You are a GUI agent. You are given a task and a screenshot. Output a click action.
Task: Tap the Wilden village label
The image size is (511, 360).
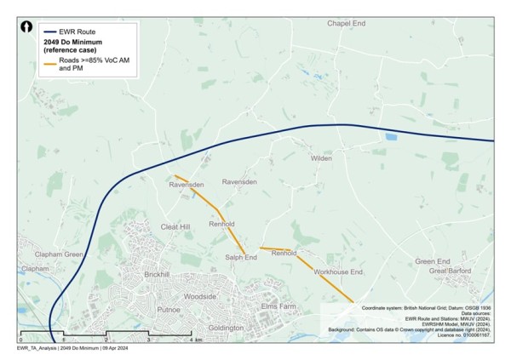tap(321, 158)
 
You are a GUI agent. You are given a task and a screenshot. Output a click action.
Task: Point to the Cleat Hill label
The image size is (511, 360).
tap(175, 227)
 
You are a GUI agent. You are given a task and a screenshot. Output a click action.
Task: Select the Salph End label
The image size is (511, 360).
tap(241, 257)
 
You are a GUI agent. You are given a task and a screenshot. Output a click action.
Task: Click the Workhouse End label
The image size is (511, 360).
tap(338, 271)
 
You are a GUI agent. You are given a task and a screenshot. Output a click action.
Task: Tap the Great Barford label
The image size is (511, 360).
tap(450, 271)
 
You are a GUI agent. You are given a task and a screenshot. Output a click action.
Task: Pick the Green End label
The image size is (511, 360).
tap(432, 261)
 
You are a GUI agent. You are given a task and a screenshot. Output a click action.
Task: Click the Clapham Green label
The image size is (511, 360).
tap(59, 254)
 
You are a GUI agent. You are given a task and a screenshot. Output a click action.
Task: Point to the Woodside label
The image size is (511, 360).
tap(200, 296)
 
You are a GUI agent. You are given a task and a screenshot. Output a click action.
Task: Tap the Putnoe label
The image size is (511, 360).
tap(169, 310)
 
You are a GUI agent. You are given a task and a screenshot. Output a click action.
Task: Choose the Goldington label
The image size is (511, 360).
tap(226, 328)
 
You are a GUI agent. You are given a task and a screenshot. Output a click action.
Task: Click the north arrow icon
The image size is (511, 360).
tap(27, 28)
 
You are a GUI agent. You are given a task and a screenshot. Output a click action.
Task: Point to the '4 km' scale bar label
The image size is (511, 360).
tap(195, 340)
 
